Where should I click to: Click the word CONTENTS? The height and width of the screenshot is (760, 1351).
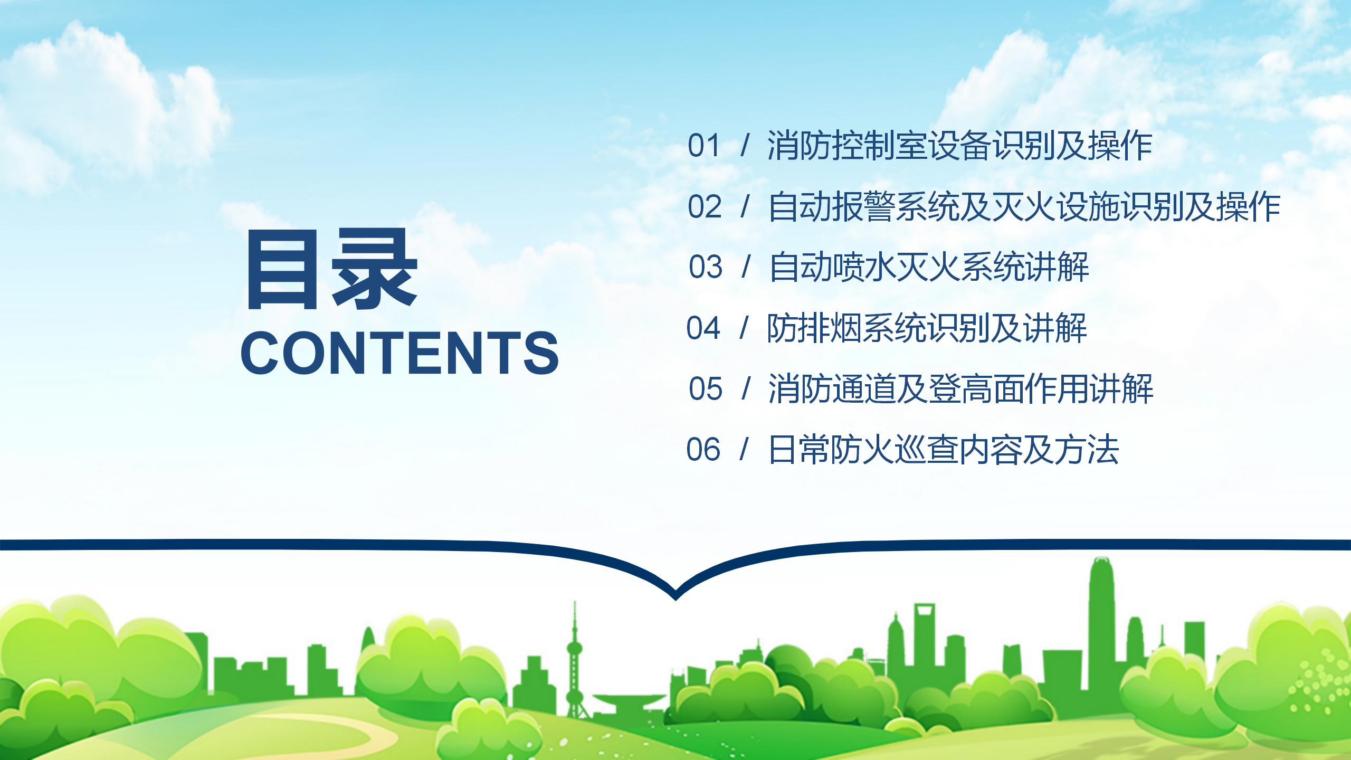coord(399,353)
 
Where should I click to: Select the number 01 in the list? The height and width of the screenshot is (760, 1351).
coord(704,146)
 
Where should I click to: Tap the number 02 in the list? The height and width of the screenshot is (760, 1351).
coord(705,206)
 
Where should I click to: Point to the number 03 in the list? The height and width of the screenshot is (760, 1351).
coord(706,267)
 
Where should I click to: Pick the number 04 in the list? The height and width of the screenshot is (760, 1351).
coord(703,328)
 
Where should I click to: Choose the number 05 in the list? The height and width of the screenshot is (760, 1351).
coord(706,389)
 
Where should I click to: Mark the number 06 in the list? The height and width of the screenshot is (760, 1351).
coord(703,450)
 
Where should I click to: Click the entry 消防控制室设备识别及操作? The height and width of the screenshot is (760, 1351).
coord(959,146)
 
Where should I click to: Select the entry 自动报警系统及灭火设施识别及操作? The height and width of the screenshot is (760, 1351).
coord(1024,206)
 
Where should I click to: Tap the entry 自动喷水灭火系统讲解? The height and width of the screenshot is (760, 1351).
coord(929,267)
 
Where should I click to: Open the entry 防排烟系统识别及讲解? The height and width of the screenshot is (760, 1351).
coord(927,328)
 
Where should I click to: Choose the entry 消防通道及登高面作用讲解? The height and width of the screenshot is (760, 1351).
coord(960,389)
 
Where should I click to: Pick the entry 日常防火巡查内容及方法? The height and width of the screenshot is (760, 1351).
coord(944,450)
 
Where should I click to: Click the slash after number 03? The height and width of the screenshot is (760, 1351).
coord(746,267)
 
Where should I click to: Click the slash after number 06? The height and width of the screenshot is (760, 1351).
coord(745,450)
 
